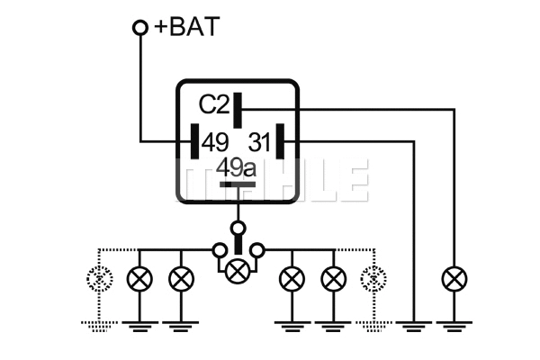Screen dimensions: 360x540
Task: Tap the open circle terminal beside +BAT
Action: (x=139, y=28)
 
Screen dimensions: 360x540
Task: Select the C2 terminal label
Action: (x=213, y=105)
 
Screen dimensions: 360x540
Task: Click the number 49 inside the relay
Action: (x=214, y=142)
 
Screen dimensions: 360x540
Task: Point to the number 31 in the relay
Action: (x=258, y=142)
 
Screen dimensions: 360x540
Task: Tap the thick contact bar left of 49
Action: (x=193, y=141)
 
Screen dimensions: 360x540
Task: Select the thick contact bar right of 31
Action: (x=281, y=141)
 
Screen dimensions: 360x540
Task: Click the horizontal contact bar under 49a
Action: (x=238, y=185)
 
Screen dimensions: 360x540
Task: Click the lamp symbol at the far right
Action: (x=453, y=279)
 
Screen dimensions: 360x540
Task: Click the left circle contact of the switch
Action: (x=219, y=248)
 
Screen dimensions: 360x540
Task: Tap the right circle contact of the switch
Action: (x=257, y=248)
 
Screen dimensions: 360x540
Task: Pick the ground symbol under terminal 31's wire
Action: (x=414, y=321)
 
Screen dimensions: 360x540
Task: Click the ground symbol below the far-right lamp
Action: (x=453, y=321)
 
